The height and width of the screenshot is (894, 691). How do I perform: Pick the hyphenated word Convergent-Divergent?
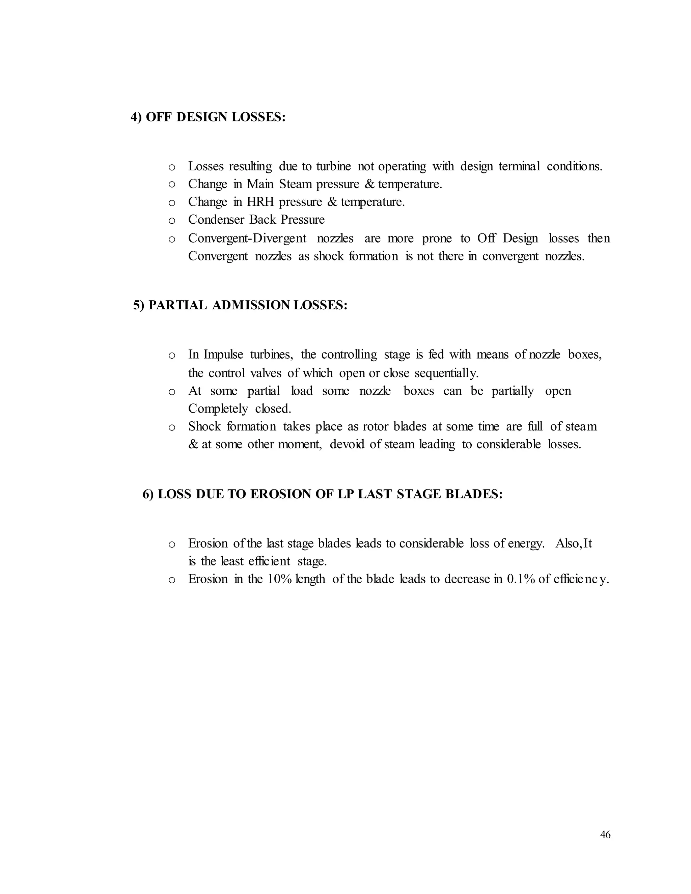[x=247, y=238]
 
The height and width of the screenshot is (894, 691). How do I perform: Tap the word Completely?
[x=218, y=409]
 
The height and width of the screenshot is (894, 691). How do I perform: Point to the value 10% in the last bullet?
[x=279, y=579]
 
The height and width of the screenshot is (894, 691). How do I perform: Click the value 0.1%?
[x=521, y=579]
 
